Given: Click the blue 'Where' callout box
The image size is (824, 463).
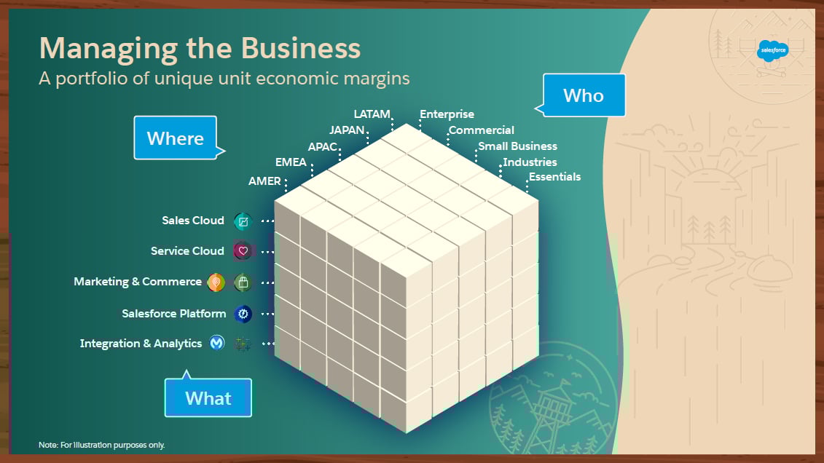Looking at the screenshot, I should (x=175, y=138).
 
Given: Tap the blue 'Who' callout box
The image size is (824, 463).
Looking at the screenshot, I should (x=583, y=95).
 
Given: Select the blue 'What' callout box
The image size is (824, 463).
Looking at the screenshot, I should (x=208, y=397).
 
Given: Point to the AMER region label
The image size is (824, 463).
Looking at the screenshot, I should (x=264, y=181).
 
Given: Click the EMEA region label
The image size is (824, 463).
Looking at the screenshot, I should (x=291, y=162).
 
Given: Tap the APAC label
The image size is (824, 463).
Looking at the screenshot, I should (x=322, y=146).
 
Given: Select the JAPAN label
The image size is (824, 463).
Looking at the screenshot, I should (x=347, y=130).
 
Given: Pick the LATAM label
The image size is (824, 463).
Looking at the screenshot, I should (x=372, y=114).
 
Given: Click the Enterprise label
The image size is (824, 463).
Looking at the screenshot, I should (x=447, y=114).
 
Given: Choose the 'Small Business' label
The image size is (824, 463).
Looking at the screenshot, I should (x=517, y=146).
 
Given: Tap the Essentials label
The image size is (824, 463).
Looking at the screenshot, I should (x=554, y=177).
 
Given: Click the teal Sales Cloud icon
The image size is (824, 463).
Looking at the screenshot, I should (x=243, y=221).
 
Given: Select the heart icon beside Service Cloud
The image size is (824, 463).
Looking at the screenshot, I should (x=243, y=251).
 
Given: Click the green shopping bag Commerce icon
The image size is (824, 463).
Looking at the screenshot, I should (x=243, y=282).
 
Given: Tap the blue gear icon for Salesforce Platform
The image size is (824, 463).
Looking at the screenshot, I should (x=243, y=314).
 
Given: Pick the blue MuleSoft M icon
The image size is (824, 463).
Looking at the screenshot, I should (x=217, y=344).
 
